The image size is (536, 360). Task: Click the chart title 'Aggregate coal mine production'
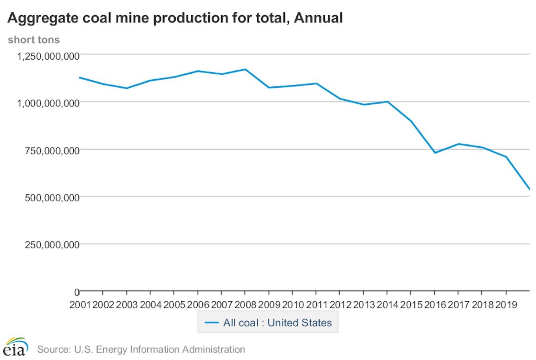point(175,18)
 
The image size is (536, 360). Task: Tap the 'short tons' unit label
point(34,40)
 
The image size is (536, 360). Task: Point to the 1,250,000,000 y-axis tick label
point(48,56)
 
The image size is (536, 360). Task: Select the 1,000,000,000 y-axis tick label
point(48,103)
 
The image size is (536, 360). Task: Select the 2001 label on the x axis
point(80,305)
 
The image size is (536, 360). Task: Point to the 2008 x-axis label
point(245,305)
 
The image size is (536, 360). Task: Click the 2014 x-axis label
point(387,305)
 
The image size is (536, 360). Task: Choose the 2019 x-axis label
point(506,305)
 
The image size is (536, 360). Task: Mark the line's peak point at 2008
point(245,69)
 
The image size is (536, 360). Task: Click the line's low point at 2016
point(435,153)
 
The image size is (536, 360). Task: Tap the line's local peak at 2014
point(387,101)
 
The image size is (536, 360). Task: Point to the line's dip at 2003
point(127,88)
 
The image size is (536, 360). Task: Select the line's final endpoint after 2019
point(529,189)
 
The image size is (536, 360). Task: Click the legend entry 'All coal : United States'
point(268,323)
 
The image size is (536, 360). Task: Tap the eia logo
point(16,346)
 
